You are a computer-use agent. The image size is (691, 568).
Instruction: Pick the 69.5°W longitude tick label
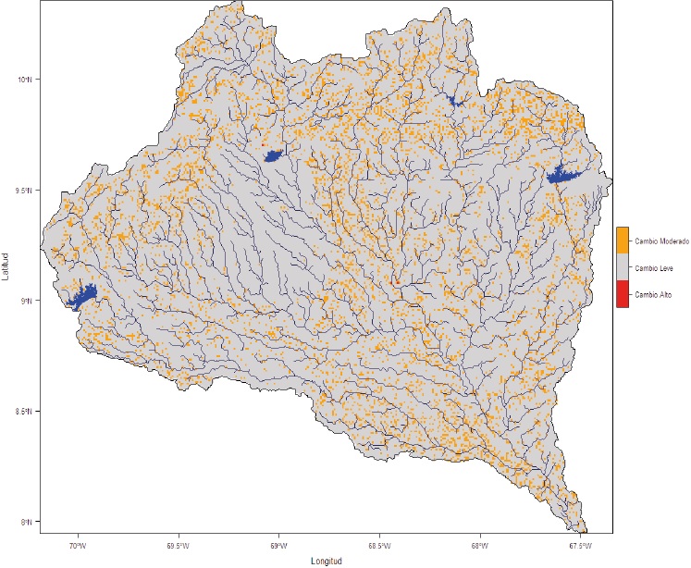[178, 545]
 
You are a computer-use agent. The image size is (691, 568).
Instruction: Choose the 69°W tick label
[278, 545]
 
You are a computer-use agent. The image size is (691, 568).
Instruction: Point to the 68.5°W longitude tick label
[378, 545]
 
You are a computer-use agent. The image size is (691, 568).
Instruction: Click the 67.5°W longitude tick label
[580, 545]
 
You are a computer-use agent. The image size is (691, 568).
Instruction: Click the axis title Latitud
[8, 267]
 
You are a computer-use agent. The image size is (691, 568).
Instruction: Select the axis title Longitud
[327, 561]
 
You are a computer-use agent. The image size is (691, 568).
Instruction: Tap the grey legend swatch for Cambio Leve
[623, 267]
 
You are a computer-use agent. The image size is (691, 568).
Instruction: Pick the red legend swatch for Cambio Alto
[623, 294]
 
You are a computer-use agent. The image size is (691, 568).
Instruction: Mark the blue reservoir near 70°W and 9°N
[81, 298]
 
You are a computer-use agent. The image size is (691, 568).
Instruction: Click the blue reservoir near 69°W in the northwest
[274, 156]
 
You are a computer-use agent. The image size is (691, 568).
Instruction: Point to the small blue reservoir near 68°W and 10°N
[453, 100]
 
